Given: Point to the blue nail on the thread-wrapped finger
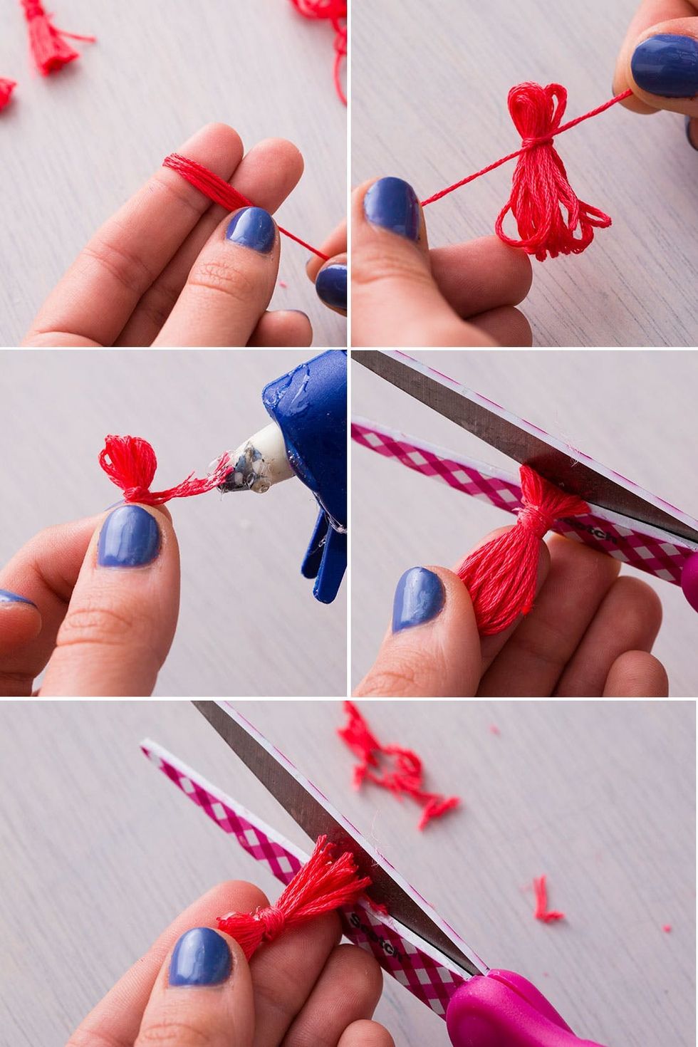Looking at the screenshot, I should click(250, 229).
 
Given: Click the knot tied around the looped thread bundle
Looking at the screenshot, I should click(536, 142).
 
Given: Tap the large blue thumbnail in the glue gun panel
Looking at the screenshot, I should click(128, 536).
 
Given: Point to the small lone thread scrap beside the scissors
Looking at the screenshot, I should click(545, 901).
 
